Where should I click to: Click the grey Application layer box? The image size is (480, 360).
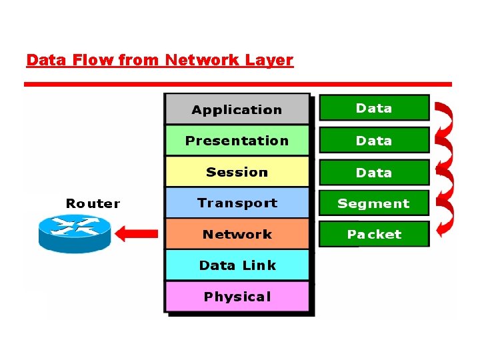coord(237,109)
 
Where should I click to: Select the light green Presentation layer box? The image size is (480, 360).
coord(237,141)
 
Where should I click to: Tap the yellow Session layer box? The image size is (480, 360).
coord(237,172)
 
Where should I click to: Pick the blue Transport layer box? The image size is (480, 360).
coord(237,203)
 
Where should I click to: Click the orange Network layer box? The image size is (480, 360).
coord(237,234)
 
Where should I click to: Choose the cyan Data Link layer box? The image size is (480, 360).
coord(237,265)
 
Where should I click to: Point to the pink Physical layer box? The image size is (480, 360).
coord(237,297)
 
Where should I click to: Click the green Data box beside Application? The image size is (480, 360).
coord(374,108)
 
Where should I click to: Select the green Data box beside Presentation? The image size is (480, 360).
coord(374,141)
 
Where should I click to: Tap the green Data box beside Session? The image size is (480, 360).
coord(374,172)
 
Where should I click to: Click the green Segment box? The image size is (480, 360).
coord(374,203)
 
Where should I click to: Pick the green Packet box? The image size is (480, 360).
coord(374,234)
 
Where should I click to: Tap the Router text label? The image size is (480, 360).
coord(93,203)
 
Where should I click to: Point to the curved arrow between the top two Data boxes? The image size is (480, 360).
coord(445,123)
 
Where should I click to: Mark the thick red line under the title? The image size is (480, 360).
coord(237,85)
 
